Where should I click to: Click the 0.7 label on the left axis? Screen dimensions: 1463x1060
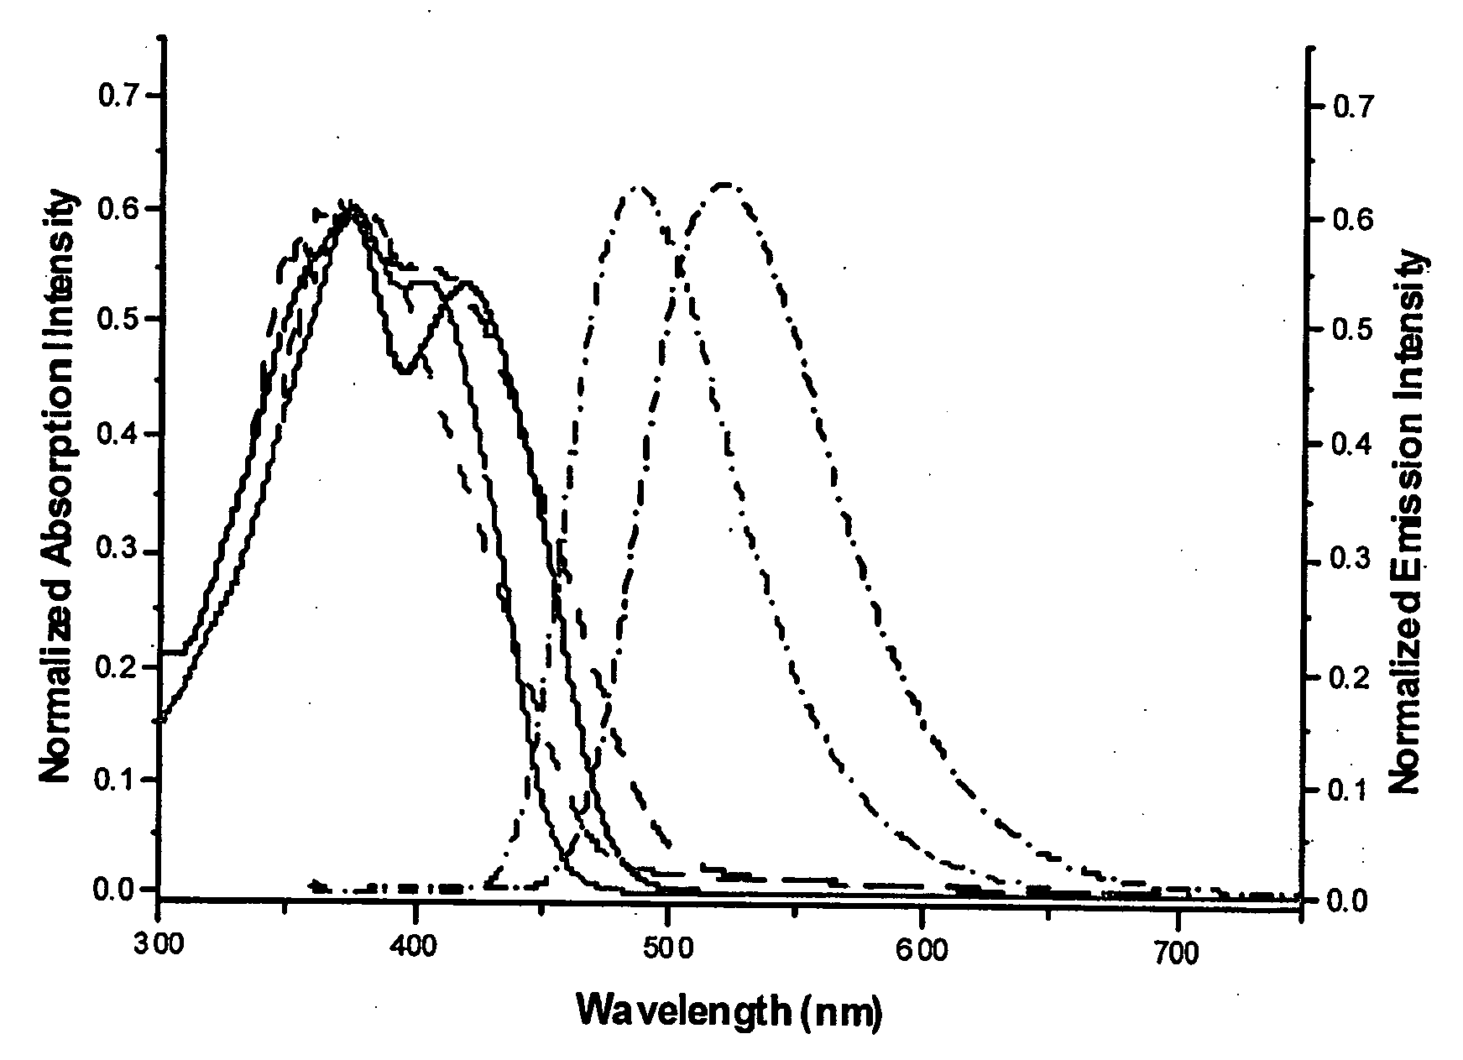point(119,96)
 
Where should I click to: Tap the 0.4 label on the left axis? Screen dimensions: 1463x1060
point(119,434)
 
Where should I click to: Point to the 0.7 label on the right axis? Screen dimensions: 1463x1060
point(1352,107)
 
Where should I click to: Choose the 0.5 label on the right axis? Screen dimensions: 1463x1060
point(1352,331)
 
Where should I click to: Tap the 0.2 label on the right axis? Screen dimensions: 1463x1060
point(1352,677)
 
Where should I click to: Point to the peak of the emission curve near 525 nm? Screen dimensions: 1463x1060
point(724,183)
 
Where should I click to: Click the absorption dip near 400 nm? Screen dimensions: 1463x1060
point(405,370)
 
